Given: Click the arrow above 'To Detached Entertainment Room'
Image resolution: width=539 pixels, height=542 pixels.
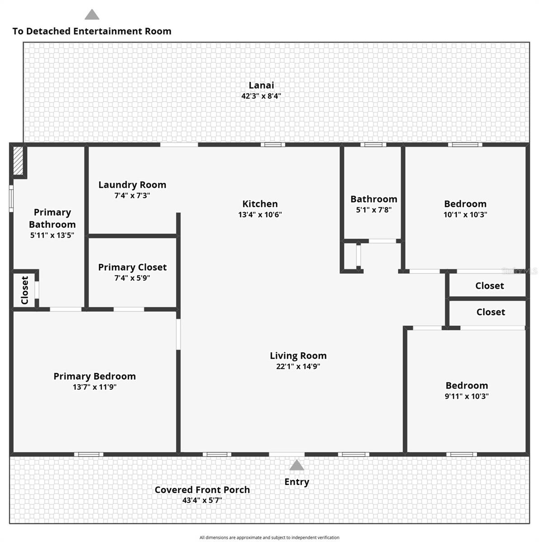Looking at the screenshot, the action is [92, 14].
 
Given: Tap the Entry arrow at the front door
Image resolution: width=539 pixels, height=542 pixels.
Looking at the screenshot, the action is [297, 465].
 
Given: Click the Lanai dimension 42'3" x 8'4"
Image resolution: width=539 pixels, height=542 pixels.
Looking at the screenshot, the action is [261, 96].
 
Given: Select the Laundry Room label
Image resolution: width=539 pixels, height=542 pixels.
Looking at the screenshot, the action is [132, 185].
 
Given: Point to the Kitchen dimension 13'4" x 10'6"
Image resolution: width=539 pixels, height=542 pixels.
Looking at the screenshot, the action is [260, 215].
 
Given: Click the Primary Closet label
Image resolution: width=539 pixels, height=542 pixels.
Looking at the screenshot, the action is [132, 267].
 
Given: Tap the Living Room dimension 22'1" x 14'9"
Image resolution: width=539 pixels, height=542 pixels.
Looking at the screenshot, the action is [298, 366].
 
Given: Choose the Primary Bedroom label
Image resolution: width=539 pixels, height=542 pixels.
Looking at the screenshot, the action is [95, 376].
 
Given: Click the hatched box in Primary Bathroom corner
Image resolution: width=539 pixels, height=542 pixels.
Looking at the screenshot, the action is [18, 161].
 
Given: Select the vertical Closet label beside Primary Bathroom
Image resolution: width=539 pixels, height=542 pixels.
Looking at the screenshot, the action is [25, 290].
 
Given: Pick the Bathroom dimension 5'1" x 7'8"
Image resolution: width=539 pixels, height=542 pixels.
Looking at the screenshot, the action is [374, 210].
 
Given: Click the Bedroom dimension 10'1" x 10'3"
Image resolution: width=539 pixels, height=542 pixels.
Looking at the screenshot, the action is [465, 215].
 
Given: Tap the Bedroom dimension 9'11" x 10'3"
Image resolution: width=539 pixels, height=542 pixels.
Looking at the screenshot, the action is [467, 396].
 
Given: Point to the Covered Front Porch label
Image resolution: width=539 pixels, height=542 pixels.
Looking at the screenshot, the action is [202, 490].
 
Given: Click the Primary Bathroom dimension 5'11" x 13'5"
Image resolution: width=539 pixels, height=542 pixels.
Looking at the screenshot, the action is [52, 235].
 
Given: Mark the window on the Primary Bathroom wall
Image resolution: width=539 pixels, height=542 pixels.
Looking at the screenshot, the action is [11, 199].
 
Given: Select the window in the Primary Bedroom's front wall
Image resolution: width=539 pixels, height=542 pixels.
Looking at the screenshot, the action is [89, 454].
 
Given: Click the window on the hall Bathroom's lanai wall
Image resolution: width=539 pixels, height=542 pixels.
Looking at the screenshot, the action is [374, 145].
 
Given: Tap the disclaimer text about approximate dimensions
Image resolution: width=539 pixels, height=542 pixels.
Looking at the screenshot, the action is [269, 537].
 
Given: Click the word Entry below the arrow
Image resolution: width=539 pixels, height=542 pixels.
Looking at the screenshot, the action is [297, 482].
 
